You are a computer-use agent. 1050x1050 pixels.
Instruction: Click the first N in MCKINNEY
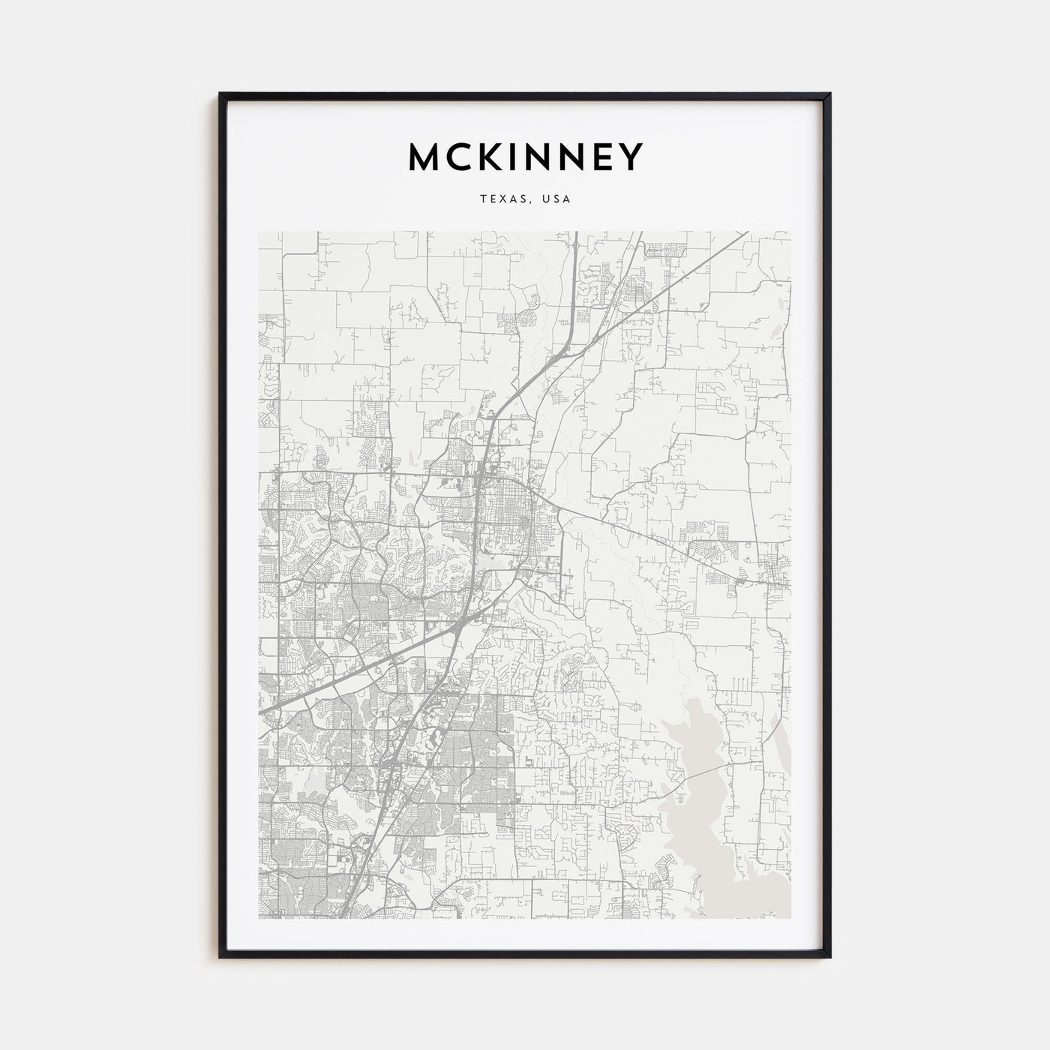tap(540, 157)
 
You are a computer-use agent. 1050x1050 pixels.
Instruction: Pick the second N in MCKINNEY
tap(575, 157)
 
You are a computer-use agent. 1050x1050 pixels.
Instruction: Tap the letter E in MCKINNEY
tap(605, 157)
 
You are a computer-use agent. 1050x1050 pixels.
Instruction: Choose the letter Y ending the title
tap(632, 157)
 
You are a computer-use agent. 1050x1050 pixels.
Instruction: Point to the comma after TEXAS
tap(527, 202)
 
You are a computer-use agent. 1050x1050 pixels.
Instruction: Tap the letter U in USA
tap(544, 199)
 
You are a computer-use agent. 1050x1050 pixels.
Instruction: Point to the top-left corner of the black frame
tap(220, 94)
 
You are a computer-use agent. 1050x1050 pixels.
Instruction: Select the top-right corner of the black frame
tap(829, 94)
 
